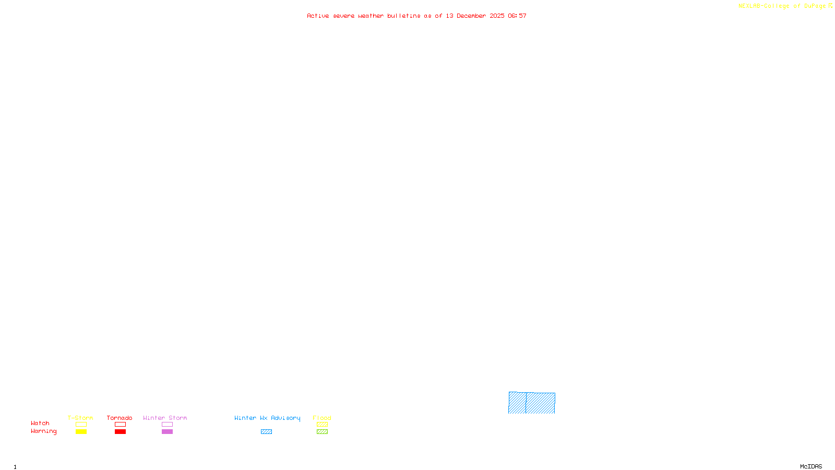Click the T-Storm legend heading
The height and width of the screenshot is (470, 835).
coord(80,418)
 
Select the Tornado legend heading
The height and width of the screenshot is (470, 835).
coord(120,418)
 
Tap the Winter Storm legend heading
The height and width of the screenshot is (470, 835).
coord(165,418)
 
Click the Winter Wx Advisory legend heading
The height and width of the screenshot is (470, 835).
coord(267,418)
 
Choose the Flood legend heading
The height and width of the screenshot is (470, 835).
coord(322,418)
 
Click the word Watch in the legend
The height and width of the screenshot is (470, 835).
coord(40,423)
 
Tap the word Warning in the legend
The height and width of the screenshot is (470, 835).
coord(43,431)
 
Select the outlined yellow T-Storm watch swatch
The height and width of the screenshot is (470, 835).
coord(81,425)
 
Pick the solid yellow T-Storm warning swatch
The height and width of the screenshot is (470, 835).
coord(81,432)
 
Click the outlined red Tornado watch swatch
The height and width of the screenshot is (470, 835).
coord(120,425)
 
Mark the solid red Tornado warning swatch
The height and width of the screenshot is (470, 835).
coord(120,432)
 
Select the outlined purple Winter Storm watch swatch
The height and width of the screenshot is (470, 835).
coord(167,425)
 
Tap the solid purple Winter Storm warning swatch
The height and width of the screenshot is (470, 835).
coord(167,432)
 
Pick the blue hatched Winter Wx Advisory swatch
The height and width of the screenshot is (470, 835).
coord(266,432)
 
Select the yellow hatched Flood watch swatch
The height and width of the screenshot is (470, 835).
coord(322,425)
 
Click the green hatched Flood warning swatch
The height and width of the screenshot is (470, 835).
coord(322,432)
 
